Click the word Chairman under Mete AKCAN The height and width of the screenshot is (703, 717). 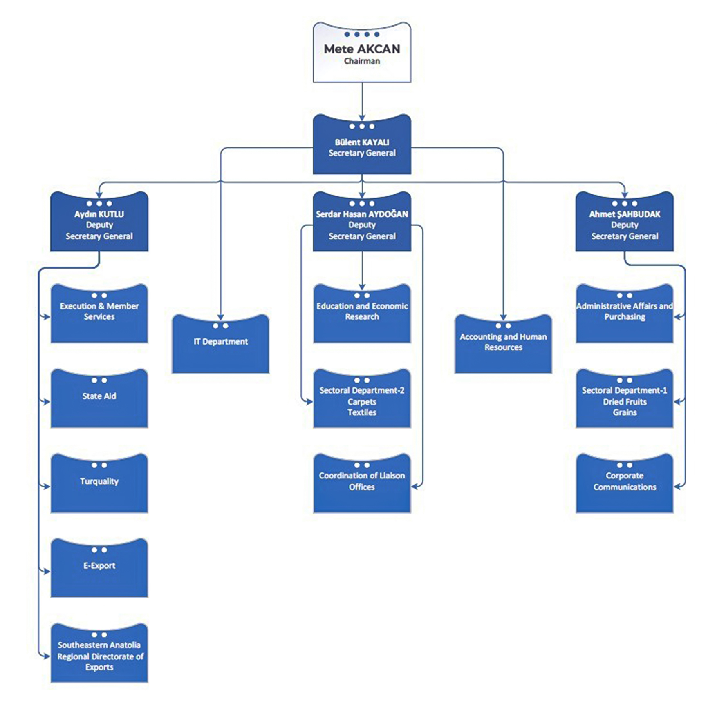coord(362,61)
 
